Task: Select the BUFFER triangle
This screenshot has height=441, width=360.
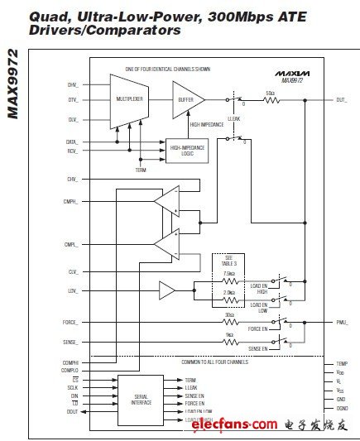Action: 186,100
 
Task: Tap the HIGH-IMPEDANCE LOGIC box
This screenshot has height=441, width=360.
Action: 188,149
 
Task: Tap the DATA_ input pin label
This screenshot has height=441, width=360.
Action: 73,141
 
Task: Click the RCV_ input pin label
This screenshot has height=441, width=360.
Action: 73,151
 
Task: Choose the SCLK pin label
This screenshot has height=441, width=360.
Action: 74,386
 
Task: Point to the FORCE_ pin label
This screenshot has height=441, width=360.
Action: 70,321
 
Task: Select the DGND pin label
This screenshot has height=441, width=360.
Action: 342,408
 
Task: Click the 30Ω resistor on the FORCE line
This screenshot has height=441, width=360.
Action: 230,321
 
